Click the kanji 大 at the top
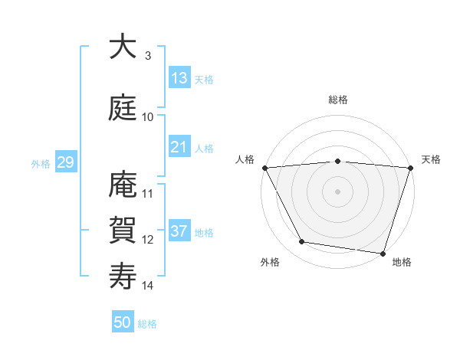[123, 47]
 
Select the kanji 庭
[123, 107]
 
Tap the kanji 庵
[123, 185]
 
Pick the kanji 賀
[123, 229]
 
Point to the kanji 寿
[123, 276]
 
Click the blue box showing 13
[179, 78]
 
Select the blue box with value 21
[179, 147]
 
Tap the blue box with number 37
[179, 231]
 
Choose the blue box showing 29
[65, 162]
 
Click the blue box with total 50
[123, 322]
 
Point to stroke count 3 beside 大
[148, 56]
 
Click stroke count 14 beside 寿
[148, 286]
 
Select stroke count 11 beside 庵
[148, 194]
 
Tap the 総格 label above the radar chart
[338, 100]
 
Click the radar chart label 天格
[431, 159]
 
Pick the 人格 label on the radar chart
[245, 159]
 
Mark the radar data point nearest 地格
[383, 253]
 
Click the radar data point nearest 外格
[302, 242]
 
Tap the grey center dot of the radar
[338, 191]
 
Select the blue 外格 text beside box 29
[41, 163]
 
